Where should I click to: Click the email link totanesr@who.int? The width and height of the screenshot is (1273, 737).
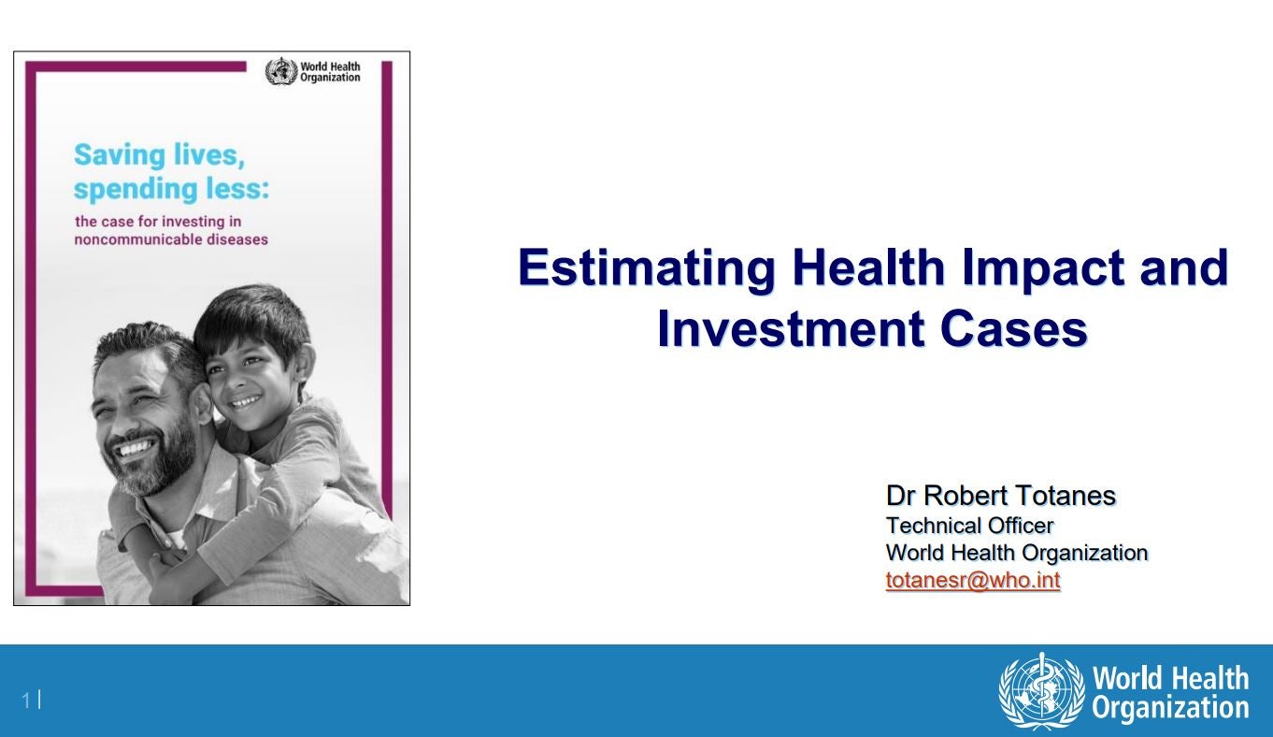pos(973,580)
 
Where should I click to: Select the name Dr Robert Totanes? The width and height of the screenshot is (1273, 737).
pos(1001,496)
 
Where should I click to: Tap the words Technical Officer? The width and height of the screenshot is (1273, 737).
pos(969,526)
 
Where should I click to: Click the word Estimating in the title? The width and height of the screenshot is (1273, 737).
pos(647,267)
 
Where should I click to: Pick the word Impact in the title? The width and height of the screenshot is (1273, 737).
pos(1043,267)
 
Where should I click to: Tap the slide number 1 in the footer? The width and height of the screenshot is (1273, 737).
pos(26,701)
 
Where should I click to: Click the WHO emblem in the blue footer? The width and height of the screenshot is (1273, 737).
pos(1042,691)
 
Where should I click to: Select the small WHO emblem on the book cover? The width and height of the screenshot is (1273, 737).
pos(281,72)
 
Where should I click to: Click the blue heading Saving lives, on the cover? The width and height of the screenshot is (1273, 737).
pos(159,154)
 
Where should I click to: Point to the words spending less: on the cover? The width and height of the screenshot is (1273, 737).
pos(172,189)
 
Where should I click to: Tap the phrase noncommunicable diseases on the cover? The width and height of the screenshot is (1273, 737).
pos(171,239)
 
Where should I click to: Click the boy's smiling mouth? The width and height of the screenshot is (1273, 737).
pos(246,401)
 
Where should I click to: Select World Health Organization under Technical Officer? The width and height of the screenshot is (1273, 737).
pos(1017,553)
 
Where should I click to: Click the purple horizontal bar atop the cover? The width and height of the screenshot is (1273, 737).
pos(136,66)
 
